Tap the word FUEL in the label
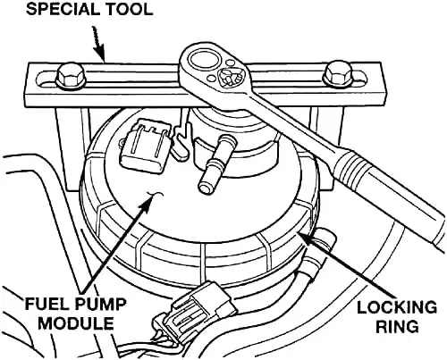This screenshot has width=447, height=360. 45,305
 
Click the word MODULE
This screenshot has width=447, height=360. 76,323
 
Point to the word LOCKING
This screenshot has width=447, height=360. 397,308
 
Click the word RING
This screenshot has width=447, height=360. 397,327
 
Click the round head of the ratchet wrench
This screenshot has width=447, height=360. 216,70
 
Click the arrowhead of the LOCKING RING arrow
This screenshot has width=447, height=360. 306,238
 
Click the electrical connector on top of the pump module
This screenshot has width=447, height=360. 145,146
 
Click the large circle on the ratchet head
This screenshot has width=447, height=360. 205,60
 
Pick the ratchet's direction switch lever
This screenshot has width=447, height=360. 230,79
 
